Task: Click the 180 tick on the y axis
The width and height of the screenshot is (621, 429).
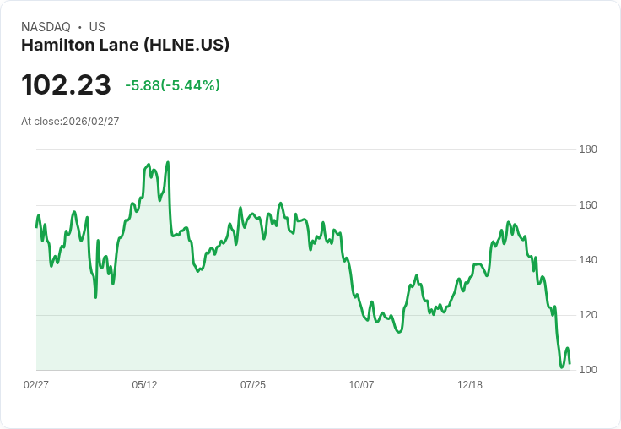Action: pyautogui.click(x=588, y=150)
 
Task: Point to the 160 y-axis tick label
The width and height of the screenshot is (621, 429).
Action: pyautogui.click(x=588, y=205)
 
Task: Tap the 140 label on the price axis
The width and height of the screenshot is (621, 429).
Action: pyautogui.click(x=588, y=260)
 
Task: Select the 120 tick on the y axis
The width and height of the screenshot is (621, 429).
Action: pyautogui.click(x=588, y=315)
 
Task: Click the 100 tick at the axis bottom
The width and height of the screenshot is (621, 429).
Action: pyautogui.click(x=588, y=370)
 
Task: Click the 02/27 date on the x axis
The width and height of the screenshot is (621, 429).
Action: pyautogui.click(x=36, y=385)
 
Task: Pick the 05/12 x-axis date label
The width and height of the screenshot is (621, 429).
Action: pyautogui.click(x=144, y=385)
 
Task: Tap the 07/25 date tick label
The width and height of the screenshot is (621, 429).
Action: pyautogui.click(x=253, y=385)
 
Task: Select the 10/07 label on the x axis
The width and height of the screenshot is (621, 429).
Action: pyautogui.click(x=361, y=385)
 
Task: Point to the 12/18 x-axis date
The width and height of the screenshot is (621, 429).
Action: pyautogui.click(x=470, y=385)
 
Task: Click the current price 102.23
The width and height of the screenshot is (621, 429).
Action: pyautogui.click(x=66, y=85)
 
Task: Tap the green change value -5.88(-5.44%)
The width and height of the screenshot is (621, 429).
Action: pyautogui.click(x=172, y=85)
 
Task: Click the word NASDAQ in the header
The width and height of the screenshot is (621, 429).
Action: pyautogui.click(x=46, y=27)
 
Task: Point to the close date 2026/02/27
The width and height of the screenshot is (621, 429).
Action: pyautogui.click(x=90, y=122)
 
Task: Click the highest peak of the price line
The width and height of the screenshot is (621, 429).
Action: pyautogui.click(x=168, y=162)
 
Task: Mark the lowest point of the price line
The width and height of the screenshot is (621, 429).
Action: pyautogui.click(x=562, y=367)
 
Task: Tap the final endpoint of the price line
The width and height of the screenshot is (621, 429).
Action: pyautogui.click(x=570, y=363)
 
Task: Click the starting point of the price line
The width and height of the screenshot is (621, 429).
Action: pyautogui.click(x=36, y=226)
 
